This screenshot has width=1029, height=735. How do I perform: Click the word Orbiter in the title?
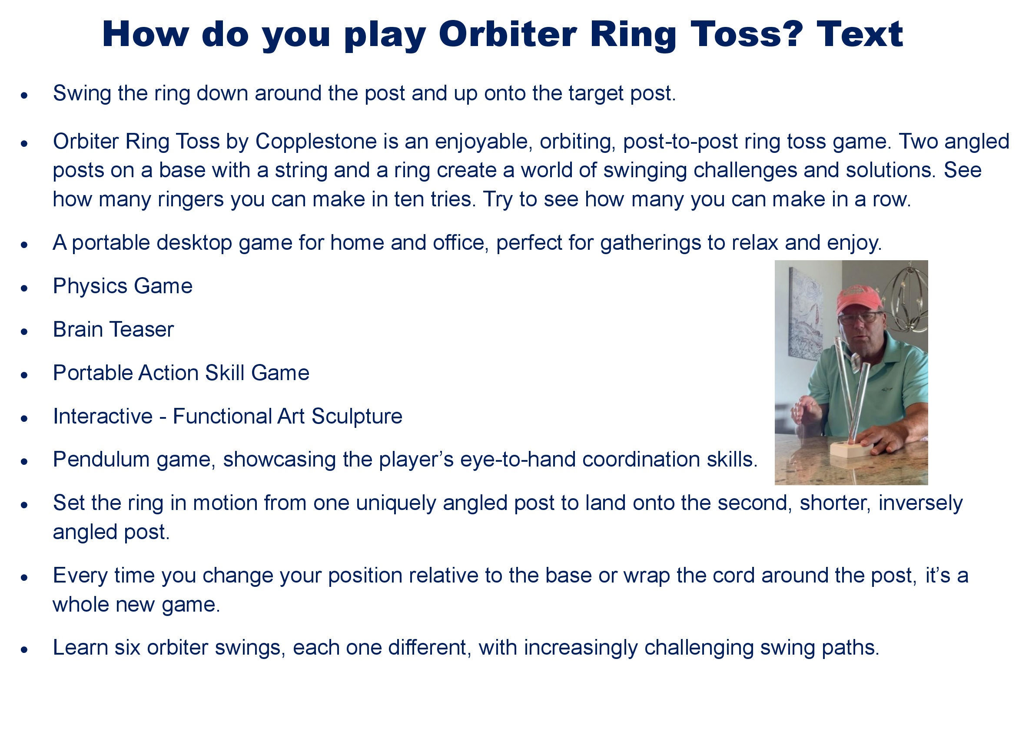pyautogui.click(x=508, y=34)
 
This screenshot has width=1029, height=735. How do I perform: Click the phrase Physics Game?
pyautogui.click(x=123, y=286)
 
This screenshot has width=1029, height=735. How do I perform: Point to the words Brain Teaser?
pyautogui.click(x=113, y=329)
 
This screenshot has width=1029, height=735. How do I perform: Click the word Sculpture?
pyautogui.click(x=357, y=417)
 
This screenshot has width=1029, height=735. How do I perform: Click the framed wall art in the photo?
pyautogui.click(x=804, y=312)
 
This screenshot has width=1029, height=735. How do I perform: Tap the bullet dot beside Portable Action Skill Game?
pyautogui.click(x=24, y=375)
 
